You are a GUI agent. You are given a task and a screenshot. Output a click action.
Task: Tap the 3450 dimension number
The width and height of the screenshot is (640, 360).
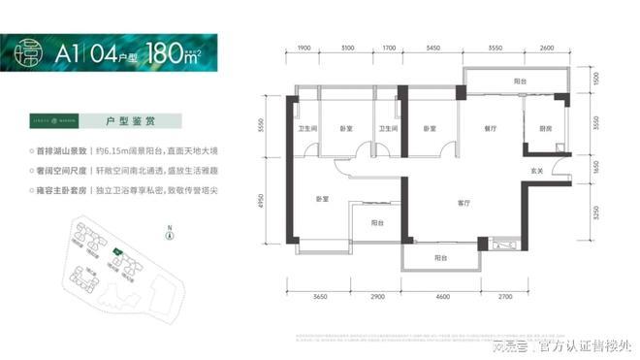(x=433, y=49)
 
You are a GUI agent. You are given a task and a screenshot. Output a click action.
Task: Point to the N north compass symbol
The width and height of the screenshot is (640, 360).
(x=169, y=233)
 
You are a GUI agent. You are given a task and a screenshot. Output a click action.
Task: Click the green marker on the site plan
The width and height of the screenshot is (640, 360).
(x=117, y=252)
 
